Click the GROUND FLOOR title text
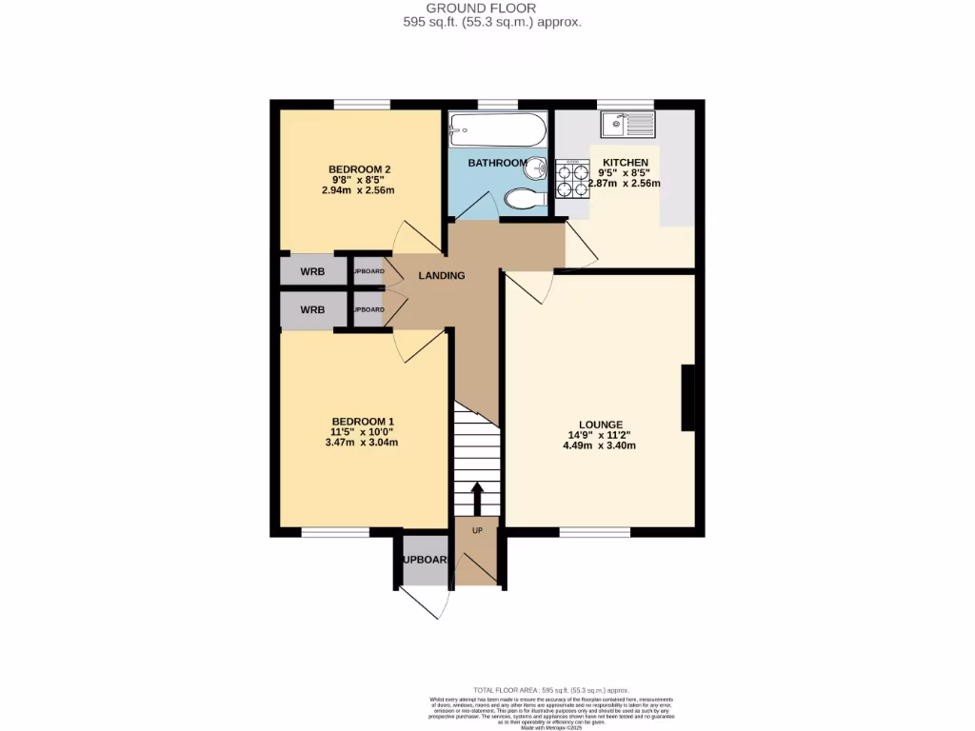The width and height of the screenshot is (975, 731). click(487, 8)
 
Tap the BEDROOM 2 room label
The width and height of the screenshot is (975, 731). click(354, 169)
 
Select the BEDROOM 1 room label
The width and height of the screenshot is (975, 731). click(362, 422)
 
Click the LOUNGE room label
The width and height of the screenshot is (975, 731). click(600, 425)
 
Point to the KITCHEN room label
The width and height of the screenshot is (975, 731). click(625, 163)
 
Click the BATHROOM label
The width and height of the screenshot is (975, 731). click(496, 163)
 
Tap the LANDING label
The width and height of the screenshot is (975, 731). click(442, 276)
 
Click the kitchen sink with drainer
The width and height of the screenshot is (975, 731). click(627, 123)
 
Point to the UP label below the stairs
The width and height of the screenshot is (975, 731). click(477, 530)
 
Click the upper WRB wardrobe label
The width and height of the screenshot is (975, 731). click(312, 272)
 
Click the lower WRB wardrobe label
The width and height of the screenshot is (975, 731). click(312, 310)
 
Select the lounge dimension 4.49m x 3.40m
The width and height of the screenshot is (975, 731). click(600, 445)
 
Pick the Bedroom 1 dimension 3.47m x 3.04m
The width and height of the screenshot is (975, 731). click(362, 443)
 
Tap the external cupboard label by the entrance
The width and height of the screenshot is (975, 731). click(424, 560)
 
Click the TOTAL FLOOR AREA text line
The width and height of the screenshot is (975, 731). click(551, 690)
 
